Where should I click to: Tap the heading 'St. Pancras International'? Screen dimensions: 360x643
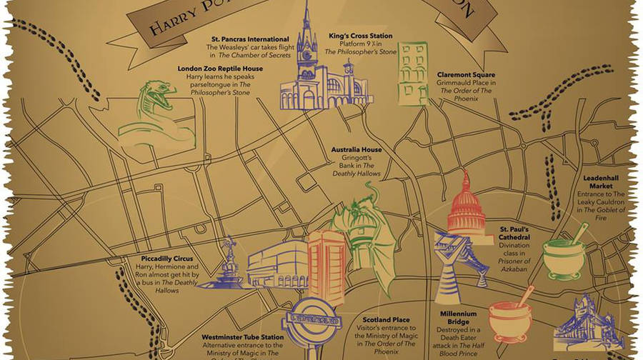239,39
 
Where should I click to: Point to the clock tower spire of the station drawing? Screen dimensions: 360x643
306,29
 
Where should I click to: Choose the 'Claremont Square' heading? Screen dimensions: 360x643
465,74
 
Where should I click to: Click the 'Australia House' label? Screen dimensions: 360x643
356,150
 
